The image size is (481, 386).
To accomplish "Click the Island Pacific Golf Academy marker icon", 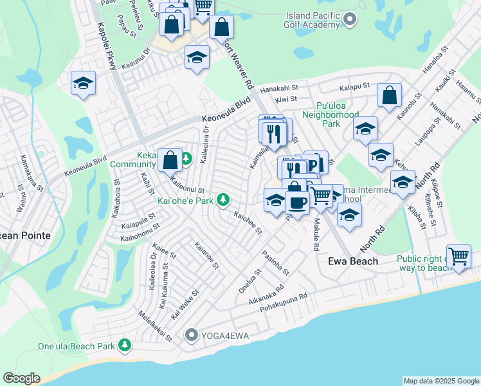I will click(350, 19).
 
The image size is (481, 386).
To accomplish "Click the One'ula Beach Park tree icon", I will click(125, 346).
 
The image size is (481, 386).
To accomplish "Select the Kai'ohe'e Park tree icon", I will click(223, 201).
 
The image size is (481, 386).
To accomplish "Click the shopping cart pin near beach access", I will click(459, 256).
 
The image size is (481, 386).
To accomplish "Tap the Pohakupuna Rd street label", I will click(284, 304).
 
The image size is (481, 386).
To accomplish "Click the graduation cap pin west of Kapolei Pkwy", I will click(83, 83).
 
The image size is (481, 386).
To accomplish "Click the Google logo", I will click(22, 378).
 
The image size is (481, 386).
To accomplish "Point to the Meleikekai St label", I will click(155, 326).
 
